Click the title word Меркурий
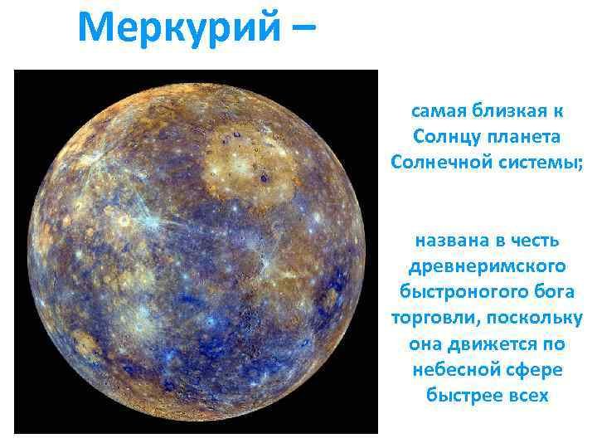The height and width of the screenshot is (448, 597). pos(180,28)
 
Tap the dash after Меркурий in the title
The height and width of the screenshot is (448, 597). pos(303,27)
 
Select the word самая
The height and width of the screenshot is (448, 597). pos(439,111)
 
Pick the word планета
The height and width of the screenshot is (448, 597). pos(523,137)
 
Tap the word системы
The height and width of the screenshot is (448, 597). pos(540,163)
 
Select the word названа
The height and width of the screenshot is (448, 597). pos(448,241)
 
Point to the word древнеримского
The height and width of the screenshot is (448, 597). pos(487,266)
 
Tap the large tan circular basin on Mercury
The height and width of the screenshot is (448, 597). pos(247,167)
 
